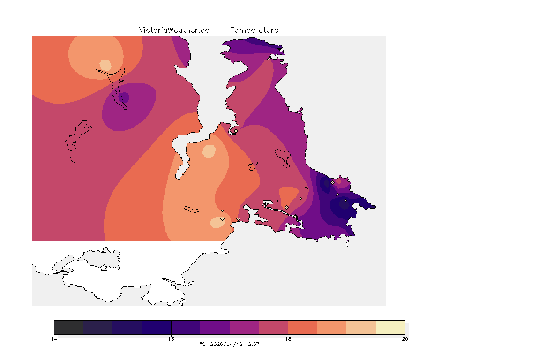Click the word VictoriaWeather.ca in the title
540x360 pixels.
174,30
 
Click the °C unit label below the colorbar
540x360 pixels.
202,344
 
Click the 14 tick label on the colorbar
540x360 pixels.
54,338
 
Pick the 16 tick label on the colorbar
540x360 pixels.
171,338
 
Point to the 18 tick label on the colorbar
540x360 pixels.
288,338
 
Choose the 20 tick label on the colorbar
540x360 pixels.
405,338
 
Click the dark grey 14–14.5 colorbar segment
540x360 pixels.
68,327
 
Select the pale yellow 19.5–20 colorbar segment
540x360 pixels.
390,327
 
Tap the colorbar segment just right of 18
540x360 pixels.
302,327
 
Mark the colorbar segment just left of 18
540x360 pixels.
273,327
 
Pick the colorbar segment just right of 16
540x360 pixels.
186,327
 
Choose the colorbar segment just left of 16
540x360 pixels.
157,327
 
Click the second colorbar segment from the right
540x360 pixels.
361,327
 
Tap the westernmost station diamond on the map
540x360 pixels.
108,68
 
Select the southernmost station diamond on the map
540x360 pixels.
341,231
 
